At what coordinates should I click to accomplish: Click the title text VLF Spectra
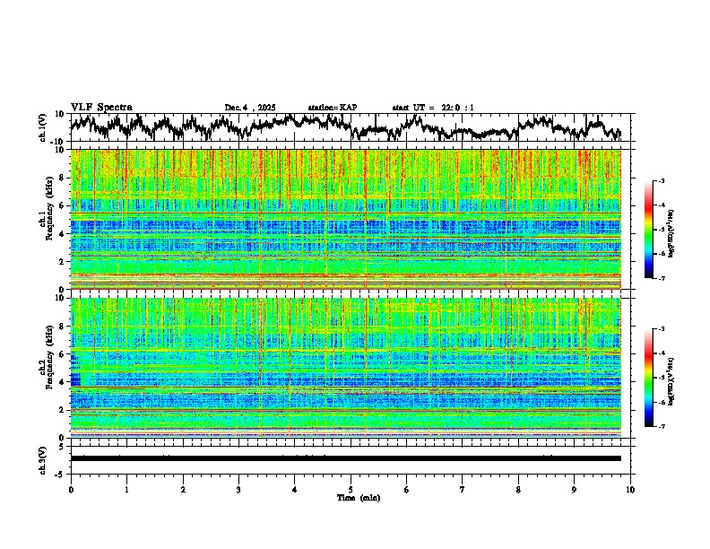click(x=101, y=107)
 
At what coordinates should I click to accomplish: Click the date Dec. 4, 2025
click(x=250, y=108)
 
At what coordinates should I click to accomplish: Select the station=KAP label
click(x=332, y=108)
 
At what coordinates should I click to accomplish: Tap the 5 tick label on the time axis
click(x=351, y=489)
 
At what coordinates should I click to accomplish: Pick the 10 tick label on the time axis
click(x=630, y=489)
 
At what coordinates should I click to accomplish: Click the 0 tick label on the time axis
click(x=71, y=489)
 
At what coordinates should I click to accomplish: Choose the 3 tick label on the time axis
click(x=238, y=489)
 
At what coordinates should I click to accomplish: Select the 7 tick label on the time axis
click(x=463, y=489)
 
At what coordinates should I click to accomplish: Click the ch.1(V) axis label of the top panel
click(x=43, y=127)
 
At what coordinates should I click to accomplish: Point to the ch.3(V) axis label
click(x=43, y=458)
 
